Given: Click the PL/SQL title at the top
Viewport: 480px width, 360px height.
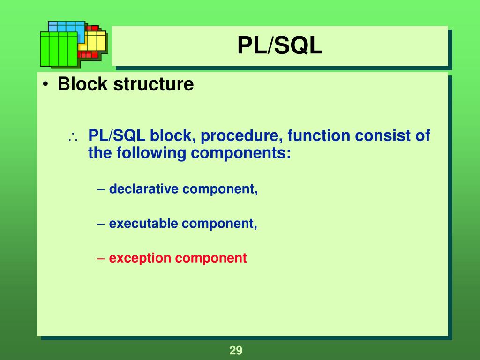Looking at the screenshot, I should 280,46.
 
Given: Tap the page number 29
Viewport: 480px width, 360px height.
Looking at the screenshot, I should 235,350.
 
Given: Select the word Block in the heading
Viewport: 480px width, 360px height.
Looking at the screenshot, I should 82,84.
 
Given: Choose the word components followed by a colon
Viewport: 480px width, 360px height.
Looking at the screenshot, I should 240,153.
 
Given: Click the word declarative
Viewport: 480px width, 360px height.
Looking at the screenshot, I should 144,189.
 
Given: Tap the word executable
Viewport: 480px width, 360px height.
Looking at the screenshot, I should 144,224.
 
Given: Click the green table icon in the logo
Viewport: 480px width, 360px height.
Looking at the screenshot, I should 59,49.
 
